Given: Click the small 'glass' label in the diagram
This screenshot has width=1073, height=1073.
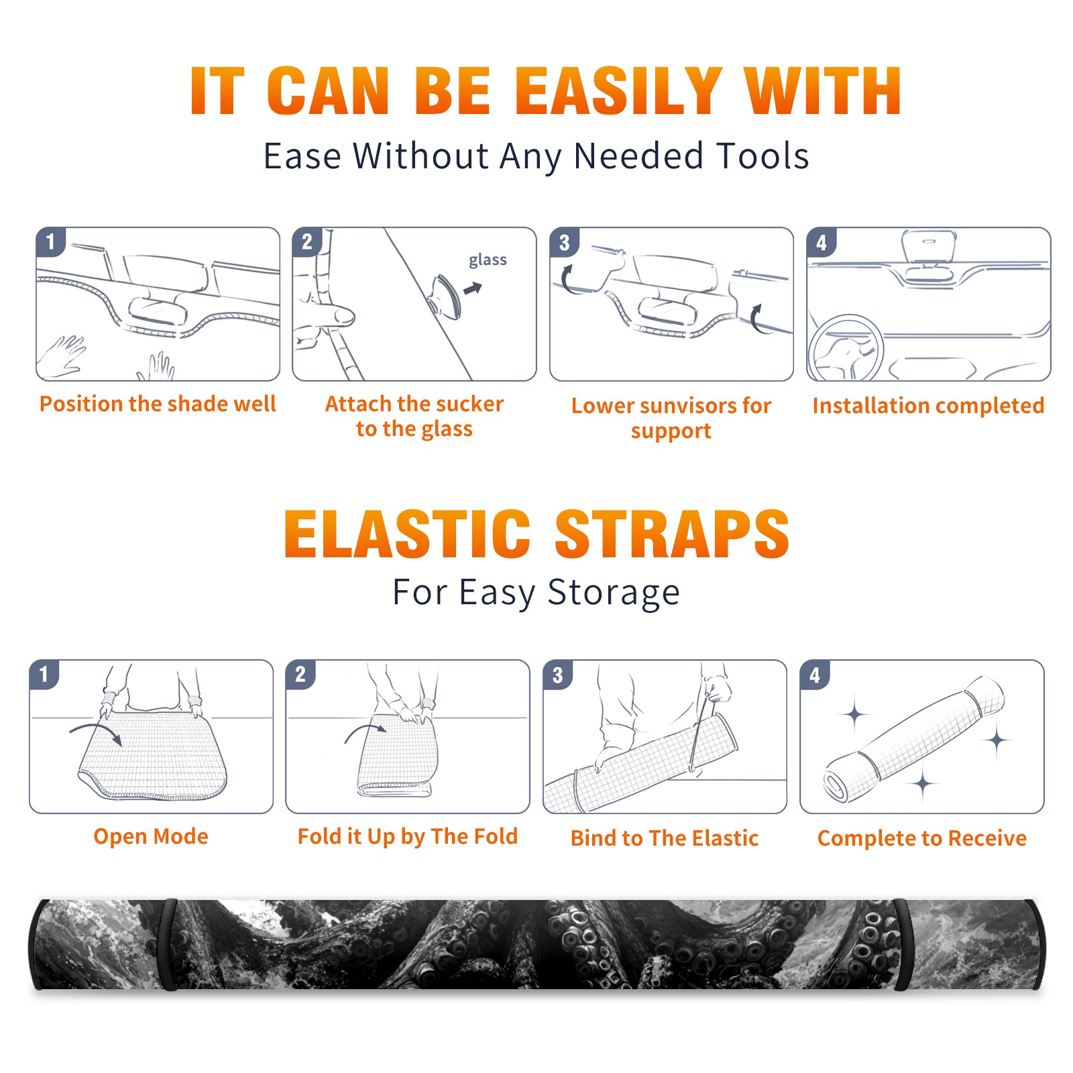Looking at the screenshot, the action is point(488,260).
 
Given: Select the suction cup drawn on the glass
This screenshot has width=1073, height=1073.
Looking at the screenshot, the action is point(446,296).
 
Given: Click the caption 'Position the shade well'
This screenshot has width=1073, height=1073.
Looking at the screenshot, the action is point(158,404).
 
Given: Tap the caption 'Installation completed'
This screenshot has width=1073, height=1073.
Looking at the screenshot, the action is point(928,405).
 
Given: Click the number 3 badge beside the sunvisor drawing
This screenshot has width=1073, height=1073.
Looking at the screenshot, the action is point(564,243).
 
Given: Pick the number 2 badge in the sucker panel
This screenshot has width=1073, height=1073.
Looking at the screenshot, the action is point(307,241).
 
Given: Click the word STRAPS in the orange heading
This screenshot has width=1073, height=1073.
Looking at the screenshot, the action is point(672,534).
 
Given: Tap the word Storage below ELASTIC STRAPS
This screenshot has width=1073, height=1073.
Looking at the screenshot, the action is point(614,593).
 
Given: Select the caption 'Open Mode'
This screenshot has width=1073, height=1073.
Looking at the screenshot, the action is point(151,836).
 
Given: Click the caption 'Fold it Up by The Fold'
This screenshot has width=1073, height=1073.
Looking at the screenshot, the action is point(408,836).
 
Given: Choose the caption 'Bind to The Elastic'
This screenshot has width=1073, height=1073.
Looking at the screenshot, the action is point(665,838).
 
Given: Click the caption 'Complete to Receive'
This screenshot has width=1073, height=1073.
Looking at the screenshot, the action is point(922,838).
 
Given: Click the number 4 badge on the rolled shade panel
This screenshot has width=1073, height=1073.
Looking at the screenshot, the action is point(815,675).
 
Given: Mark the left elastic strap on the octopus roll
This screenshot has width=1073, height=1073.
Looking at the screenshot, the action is point(168,944).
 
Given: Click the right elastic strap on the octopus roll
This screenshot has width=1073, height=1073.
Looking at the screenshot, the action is point(903,944).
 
